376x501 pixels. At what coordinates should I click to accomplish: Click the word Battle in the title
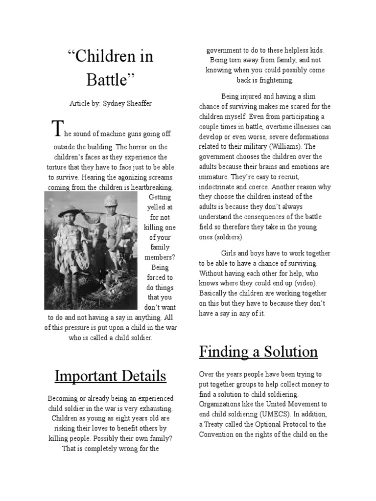pyautogui.click(x=107, y=80)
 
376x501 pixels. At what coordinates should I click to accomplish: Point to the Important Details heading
pyautogui.click(x=110, y=376)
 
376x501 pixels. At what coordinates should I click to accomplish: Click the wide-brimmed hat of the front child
pyautogui.click(x=69, y=212)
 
